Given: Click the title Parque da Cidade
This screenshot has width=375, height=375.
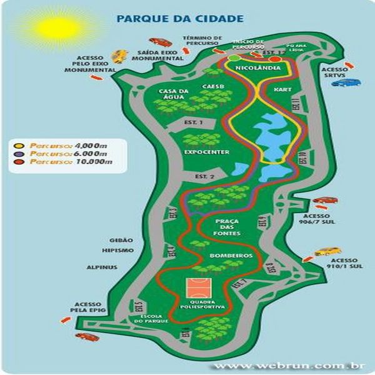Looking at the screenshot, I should coord(179,19).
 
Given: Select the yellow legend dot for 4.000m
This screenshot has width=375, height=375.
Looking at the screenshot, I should coord(20,145).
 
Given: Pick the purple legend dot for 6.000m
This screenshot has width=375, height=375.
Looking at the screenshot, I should coord(20,153).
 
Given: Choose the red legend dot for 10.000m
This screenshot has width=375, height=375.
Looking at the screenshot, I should coord(20,162).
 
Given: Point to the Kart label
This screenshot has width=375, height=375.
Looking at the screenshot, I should coord(282,90).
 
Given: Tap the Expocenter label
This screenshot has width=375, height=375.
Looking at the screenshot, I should coord(206,152).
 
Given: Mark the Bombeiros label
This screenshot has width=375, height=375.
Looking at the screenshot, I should coord(214,256).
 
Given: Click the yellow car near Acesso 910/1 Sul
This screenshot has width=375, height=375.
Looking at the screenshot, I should coord(327,252).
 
